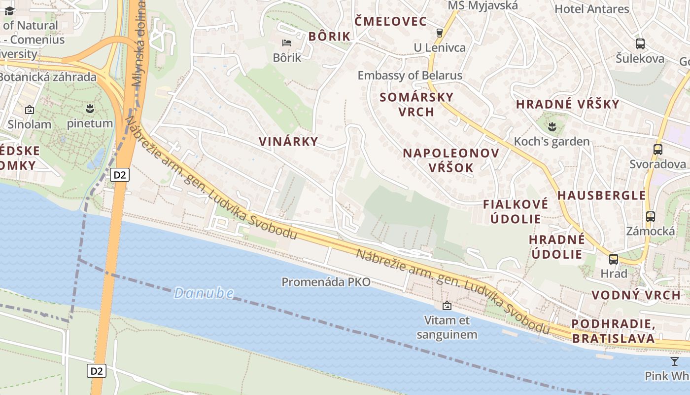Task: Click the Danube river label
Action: pos(204,293)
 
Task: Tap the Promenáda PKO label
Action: pos(326,282)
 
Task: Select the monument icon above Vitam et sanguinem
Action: pos(447,306)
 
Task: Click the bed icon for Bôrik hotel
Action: pos(286,43)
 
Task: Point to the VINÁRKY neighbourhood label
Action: pos(288,141)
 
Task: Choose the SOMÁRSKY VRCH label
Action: pos(416,104)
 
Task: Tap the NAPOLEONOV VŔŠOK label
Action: pos(451,160)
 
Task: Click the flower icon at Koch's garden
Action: pos(552,126)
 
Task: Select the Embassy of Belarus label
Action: pos(410,76)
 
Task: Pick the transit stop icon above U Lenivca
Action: pos(440,33)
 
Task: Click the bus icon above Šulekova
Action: pos(640,44)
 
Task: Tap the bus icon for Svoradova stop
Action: pos(657,149)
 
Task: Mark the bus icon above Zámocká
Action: pos(651,216)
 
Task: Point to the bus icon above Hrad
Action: pos(614,259)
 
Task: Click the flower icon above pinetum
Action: pos(90,108)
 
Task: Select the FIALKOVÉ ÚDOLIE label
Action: pos(516,211)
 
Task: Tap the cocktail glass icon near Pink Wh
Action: pos(674,361)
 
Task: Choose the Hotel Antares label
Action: pos(592,9)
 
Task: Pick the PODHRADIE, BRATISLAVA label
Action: pos(614,331)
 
